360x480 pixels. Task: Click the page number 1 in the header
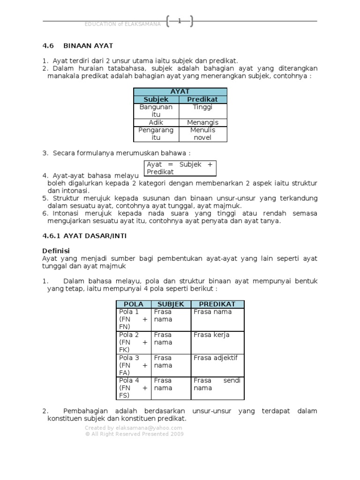(x=179, y=21)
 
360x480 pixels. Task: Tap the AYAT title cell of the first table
(x=180, y=92)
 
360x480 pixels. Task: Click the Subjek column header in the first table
(x=157, y=99)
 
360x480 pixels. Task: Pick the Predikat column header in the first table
(x=202, y=99)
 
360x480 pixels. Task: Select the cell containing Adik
(x=157, y=122)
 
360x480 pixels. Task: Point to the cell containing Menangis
(x=202, y=122)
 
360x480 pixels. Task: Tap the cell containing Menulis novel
(x=202, y=134)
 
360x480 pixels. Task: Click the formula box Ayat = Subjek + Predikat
(x=180, y=168)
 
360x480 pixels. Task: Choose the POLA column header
(x=134, y=304)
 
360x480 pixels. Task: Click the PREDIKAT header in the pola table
(x=217, y=304)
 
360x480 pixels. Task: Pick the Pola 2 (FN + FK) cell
(x=134, y=342)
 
